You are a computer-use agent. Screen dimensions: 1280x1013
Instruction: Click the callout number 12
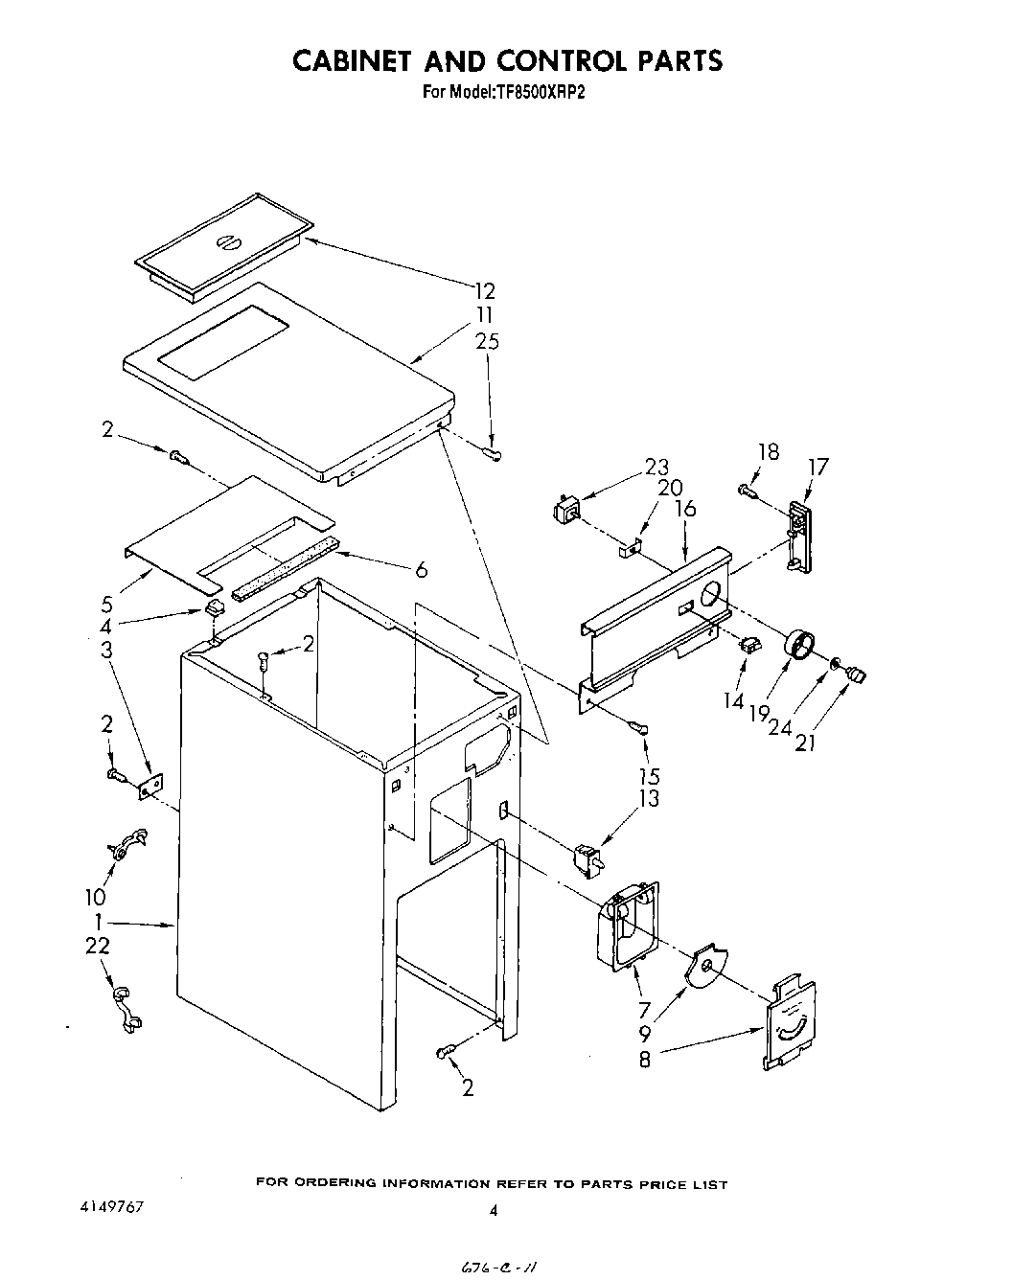[484, 290]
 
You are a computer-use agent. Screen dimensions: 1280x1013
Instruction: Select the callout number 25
[486, 341]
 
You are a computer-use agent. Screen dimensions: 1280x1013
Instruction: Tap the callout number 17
[817, 467]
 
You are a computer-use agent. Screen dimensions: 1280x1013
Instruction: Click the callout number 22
[98, 946]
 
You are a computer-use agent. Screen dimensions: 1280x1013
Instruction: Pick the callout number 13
[650, 798]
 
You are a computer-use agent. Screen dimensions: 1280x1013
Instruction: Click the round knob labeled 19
[800, 645]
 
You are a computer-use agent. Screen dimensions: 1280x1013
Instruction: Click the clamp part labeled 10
[125, 843]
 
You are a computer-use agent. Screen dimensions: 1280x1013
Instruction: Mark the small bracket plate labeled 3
[150, 785]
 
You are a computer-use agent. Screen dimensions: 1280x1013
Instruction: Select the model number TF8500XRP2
[543, 93]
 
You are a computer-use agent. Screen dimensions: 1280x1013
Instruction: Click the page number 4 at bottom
[494, 1211]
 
